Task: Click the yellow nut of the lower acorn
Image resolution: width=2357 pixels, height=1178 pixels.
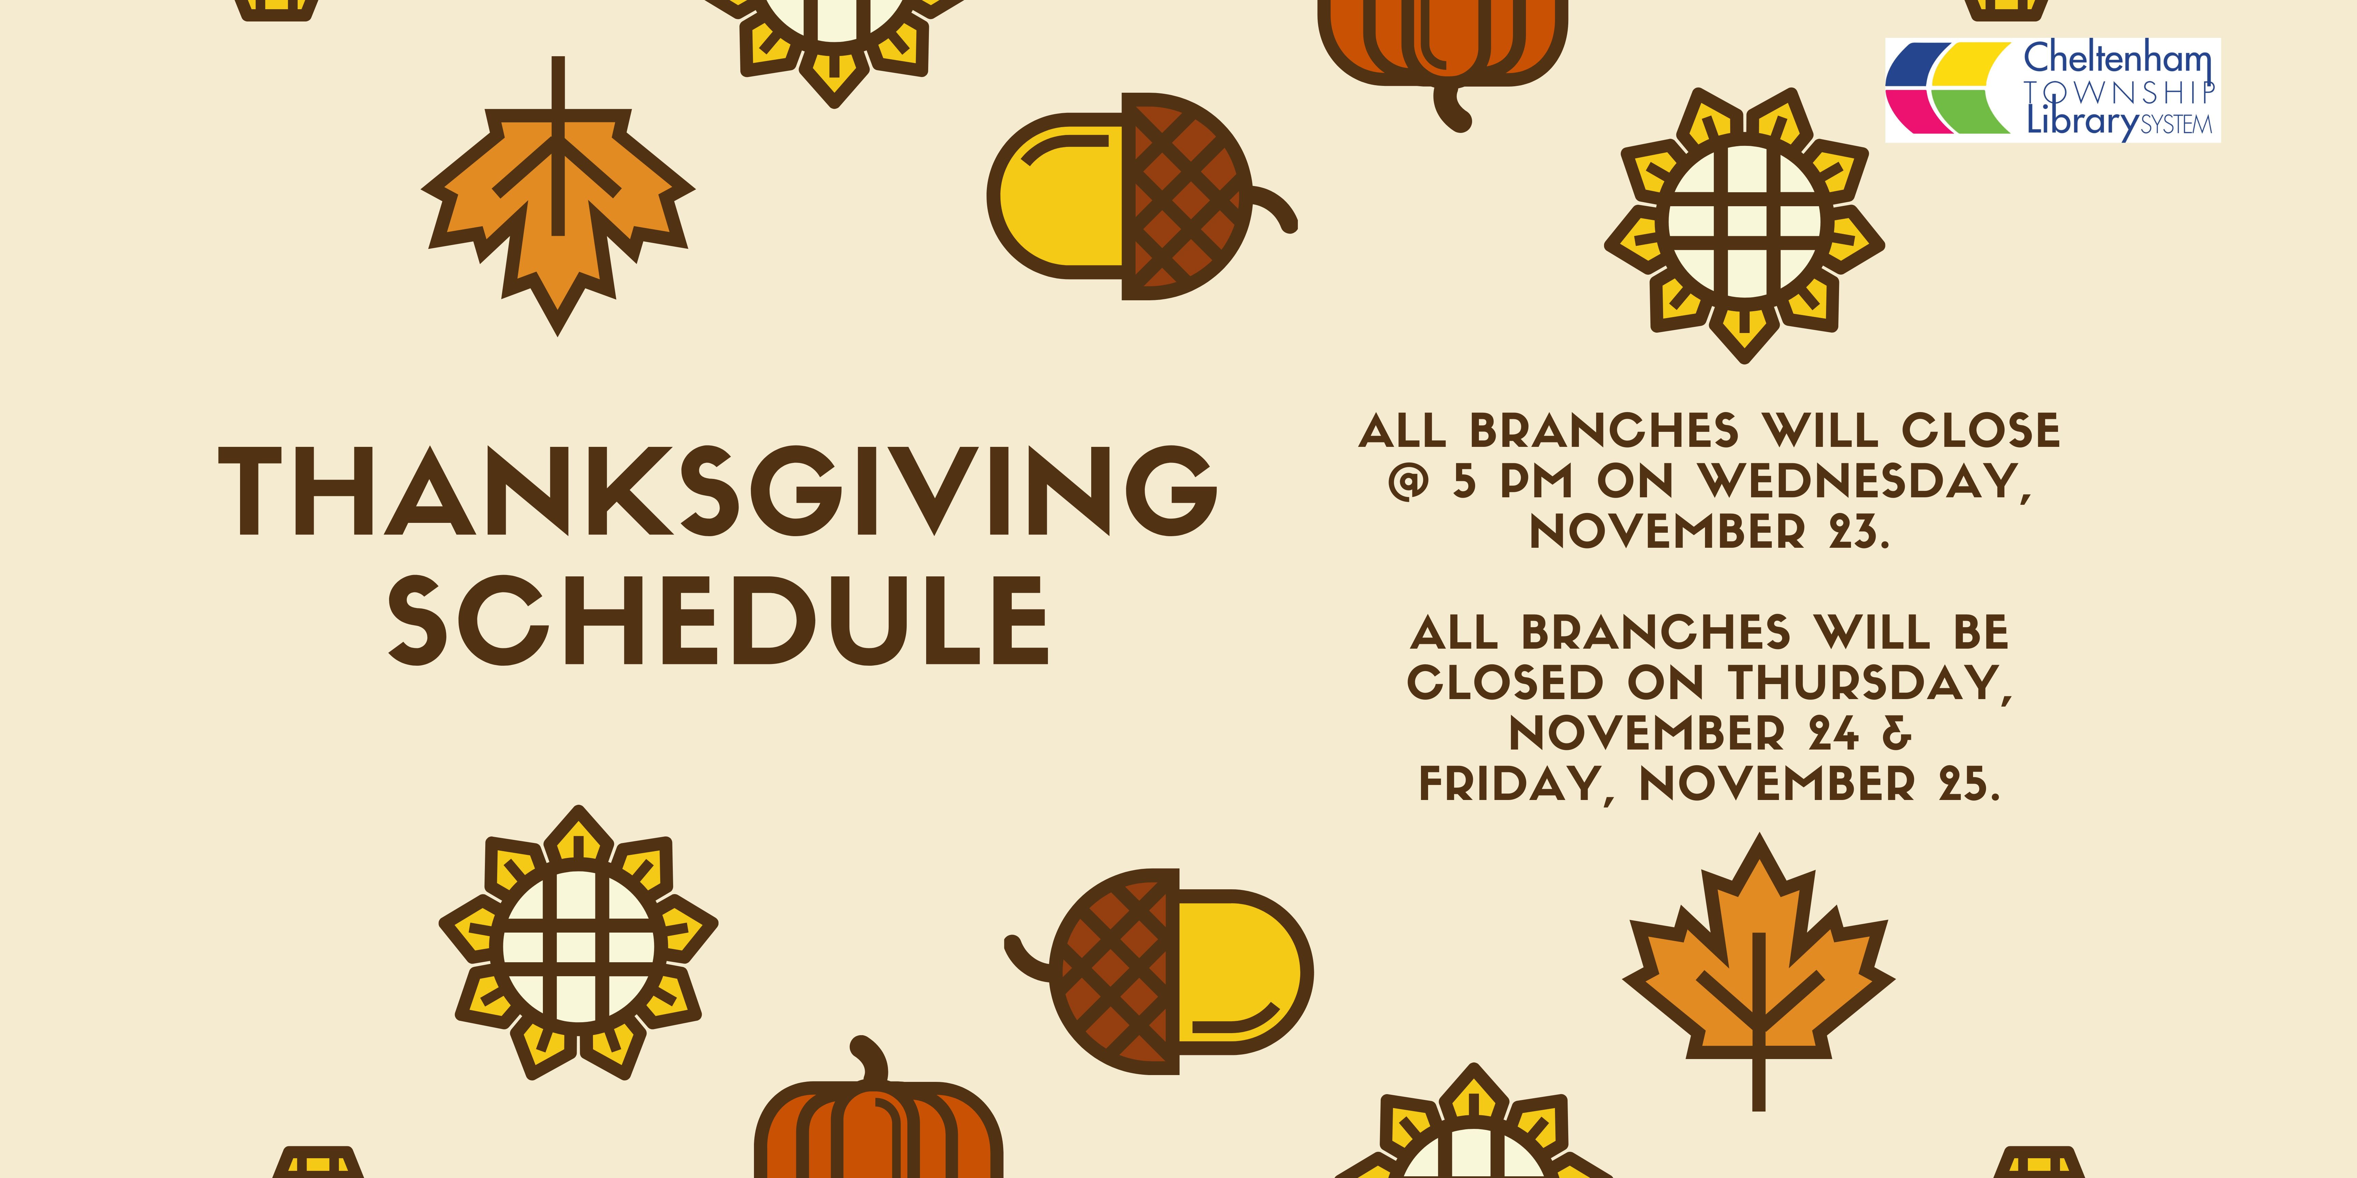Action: click(x=1241, y=971)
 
